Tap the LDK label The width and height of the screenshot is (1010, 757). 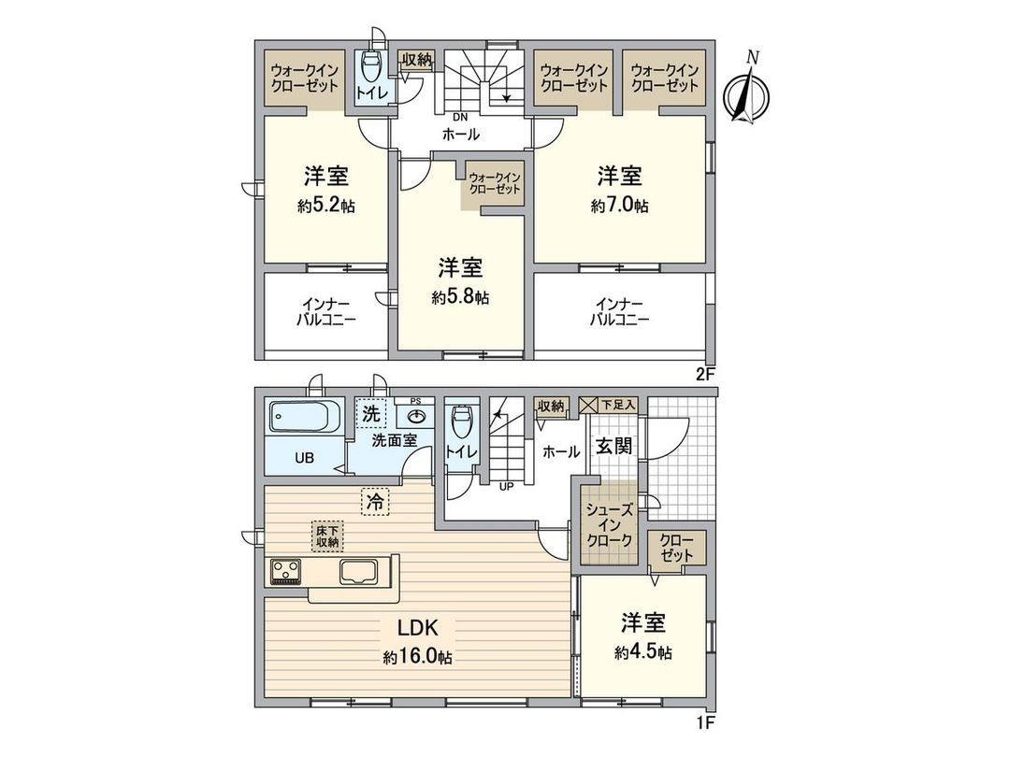click(x=417, y=627)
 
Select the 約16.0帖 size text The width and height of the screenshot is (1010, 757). click(x=417, y=658)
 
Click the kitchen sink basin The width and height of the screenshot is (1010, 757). click(x=360, y=571)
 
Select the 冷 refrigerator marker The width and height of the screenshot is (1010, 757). click(x=374, y=502)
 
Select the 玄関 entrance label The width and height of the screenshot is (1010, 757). click(x=613, y=447)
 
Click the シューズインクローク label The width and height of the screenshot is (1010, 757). click(x=610, y=525)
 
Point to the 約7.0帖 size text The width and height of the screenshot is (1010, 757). click(x=619, y=207)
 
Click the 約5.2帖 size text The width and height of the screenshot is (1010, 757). click(x=325, y=207)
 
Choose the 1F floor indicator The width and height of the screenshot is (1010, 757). click(x=705, y=721)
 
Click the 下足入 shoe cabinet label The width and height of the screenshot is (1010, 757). click(x=618, y=405)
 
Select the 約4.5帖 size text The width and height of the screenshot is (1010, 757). click(x=643, y=652)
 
